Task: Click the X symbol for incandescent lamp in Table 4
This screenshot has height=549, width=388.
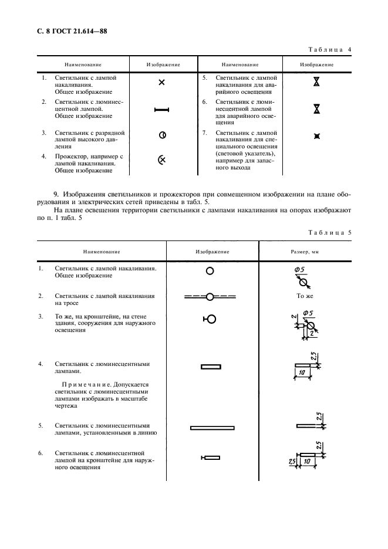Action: coord(162,82)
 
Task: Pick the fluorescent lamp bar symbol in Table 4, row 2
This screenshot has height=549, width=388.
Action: coord(161,109)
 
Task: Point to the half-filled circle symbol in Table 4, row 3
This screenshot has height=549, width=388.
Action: coord(162,135)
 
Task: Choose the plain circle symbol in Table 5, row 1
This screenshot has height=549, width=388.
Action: coord(210,270)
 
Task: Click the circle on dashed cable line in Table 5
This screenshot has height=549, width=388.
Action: coord(210,297)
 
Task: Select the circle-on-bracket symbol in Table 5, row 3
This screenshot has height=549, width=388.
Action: coord(210,319)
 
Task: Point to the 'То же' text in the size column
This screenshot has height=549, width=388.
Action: coord(305,296)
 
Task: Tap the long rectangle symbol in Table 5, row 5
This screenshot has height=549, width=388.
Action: coord(212,428)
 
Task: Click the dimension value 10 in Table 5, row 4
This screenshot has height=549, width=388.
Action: coord(301,372)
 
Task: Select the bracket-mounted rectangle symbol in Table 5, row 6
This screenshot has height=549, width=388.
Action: coord(210,457)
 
